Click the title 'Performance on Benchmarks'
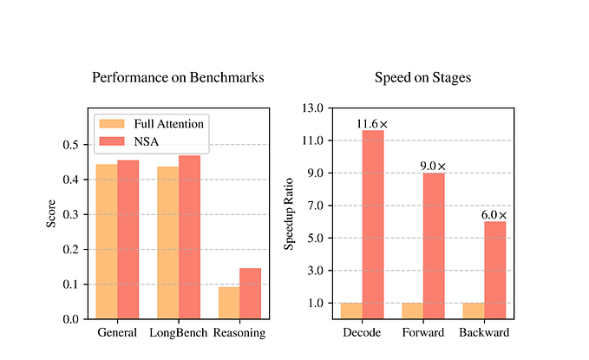coord(178,78)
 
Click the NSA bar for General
coord(128,239)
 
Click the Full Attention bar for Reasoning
coord(229,303)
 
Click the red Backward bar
coord(495,270)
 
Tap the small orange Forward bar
coord(412,311)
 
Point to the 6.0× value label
coord(494,214)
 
